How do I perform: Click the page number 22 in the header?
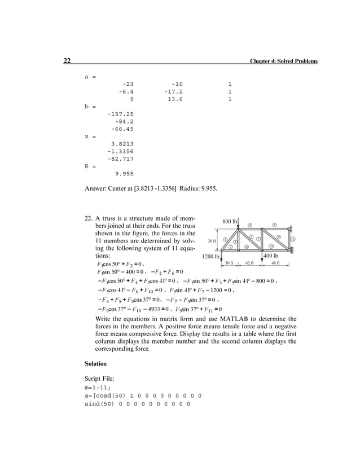66,61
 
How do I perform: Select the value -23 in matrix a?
128,84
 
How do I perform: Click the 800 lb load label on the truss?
230,221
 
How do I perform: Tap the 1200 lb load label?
210,256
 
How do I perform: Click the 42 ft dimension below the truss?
249,263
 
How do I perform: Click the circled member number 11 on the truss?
293,239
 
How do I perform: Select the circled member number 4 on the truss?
250,226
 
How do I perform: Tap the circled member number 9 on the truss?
279,236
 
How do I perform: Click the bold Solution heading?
95,363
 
